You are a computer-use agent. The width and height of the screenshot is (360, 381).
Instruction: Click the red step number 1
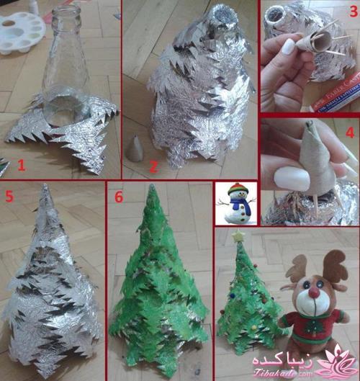pos(21,166)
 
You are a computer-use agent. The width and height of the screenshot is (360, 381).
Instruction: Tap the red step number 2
pos(153,166)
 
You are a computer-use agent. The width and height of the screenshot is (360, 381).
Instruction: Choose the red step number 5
pos(9,194)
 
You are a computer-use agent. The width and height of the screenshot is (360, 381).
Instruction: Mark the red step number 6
pos(119,196)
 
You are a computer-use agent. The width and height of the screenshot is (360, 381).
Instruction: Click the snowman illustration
pos(235,203)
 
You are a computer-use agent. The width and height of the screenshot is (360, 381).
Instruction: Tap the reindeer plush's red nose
pos(314,293)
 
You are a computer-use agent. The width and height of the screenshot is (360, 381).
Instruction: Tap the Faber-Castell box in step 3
pos(333,101)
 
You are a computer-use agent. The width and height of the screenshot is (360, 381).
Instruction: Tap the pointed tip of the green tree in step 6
pos(152,189)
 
